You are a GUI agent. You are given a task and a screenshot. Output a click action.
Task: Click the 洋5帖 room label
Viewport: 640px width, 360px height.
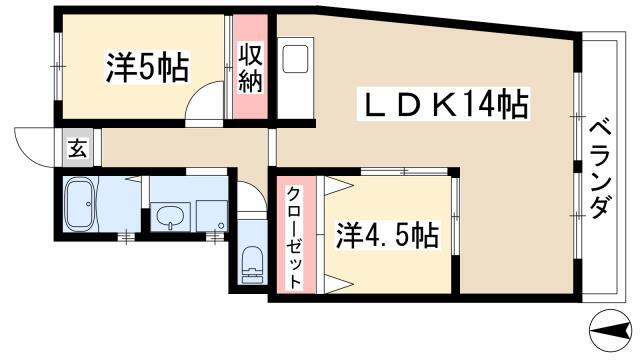click(x=148, y=70)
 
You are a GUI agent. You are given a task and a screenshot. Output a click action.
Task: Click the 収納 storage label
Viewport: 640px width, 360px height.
click(x=250, y=69)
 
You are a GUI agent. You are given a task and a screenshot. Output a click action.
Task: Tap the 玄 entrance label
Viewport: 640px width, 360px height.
click(x=77, y=152)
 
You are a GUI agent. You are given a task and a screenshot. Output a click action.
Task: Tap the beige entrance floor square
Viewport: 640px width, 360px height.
click(x=77, y=152)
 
